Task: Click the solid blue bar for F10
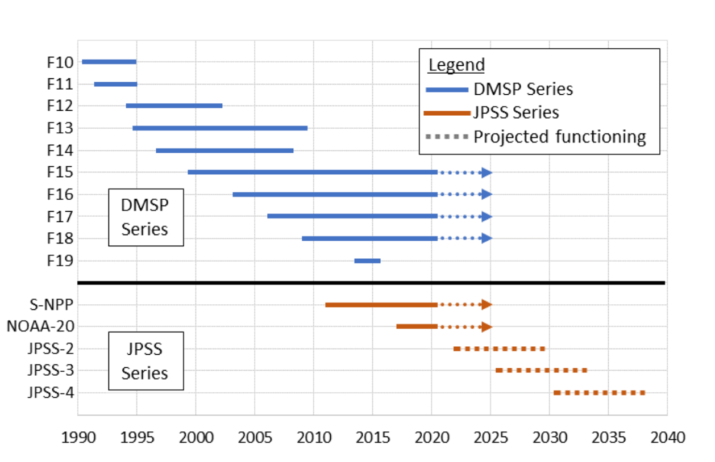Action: pos(109,62)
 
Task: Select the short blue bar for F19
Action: pos(367,261)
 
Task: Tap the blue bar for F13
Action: pos(220,128)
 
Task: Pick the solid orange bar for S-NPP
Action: pos(381,305)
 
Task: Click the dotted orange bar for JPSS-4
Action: pos(599,393)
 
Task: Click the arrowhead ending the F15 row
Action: pos(487,173)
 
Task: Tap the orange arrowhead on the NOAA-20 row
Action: pos(487,327)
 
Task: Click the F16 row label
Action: pos(60,194)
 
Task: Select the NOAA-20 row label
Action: pos(40,326)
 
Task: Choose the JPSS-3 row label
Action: pos(51,371)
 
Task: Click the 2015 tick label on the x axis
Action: pos(373,438)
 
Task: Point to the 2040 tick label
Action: pos(667,438)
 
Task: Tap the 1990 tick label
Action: pos(78,438)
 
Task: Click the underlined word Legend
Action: pos(456,65)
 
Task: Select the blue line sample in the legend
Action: pos(446,90)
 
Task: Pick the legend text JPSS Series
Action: pos(516,113)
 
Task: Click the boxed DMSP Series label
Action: pos(146,217)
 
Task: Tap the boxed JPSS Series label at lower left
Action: pos(146,360)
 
